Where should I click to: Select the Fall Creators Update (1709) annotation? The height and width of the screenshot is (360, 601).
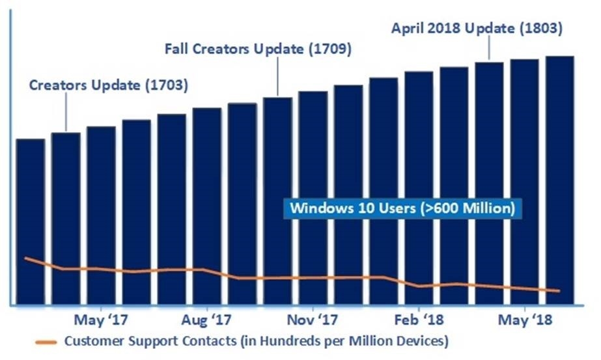pyautogui.click(x=258, y=49)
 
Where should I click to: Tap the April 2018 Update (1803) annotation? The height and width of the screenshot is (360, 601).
pyautogui.click(x=477, y=28)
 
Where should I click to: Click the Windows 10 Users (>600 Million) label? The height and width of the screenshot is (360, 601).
pyautogui.click(x=403, y=210)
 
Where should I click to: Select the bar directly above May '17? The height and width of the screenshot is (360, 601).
pyautogui.click(x=101, y=195)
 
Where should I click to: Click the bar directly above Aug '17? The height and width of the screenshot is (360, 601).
pyautogui.click(x=207, y=189)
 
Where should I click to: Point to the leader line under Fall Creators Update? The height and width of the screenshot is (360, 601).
pyautogui.click(x=278, y=78)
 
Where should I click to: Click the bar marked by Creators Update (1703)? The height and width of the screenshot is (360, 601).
pyautogui.click(x=66, y=195)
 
